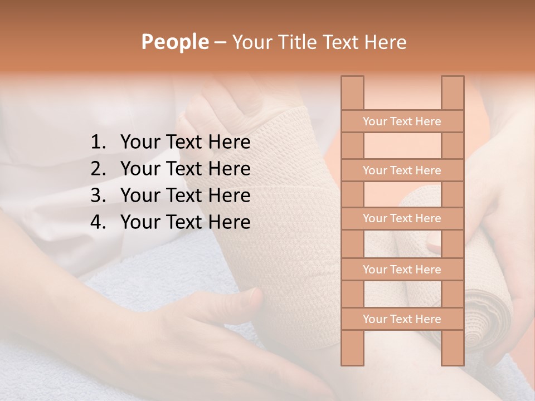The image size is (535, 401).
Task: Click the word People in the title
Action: pyautogui.click(x=174, y=42)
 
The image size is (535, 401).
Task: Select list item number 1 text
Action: pyautogui.click(x=185, y=143)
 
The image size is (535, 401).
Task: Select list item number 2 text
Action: pyautogui.click(x=185, y=169)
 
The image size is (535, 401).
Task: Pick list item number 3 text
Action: pyautogui.click(x=185, y=195)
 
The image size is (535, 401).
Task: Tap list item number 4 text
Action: pyautogui.click(x=185, y=222)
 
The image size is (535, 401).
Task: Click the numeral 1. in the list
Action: pyautogui.click(x=100, y=143)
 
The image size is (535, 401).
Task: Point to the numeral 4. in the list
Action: pyautogui.click(x=100, y=222)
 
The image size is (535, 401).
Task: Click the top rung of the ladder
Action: pyautogui.click(x=402, y=121)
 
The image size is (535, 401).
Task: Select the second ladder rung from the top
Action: pyautogui.click(x=402, y=170)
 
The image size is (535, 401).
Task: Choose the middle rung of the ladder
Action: pyautogui.click(x=402, y=218)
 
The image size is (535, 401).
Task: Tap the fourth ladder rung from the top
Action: pyautogui.click(x=402, y=270)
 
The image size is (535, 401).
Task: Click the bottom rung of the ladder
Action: pyautogui.click(x=402, y=319)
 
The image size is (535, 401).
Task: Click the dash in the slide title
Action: pyautogui.click(x=220, y=42)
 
